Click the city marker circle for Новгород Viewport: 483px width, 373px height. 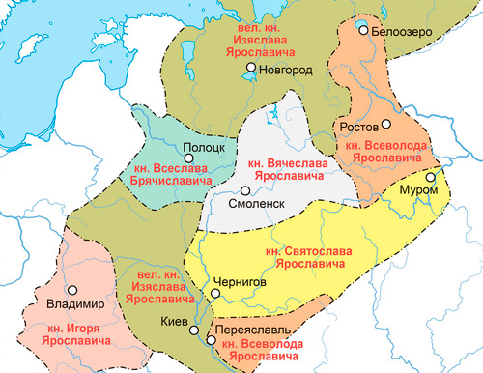tap(250, 68)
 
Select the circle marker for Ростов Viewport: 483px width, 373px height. tap(384, 125)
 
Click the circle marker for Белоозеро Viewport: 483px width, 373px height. tap(363, 31)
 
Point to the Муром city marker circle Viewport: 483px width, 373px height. tap(431, 178)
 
